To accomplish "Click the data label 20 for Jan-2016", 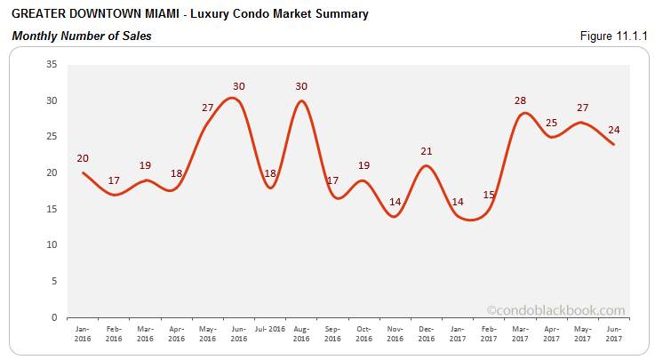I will click(83, 156).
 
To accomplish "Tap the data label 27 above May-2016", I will click(208, 108).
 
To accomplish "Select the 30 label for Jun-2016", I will click(239, 86).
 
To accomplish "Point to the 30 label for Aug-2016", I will click(301, 86).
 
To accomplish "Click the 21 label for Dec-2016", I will click(426, 151).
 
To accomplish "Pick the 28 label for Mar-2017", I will click(520, 100).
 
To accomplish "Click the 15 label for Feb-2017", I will click(488, 195).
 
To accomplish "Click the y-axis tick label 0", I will click(53, 316).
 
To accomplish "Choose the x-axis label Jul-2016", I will click(269, 330).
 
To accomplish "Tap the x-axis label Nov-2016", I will click(395, 334).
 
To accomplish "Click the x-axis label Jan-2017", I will click(457, 334).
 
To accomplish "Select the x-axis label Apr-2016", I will click(176, 334).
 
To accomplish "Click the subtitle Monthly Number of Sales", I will click(81, 36).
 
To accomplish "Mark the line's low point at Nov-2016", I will click(395, 217).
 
